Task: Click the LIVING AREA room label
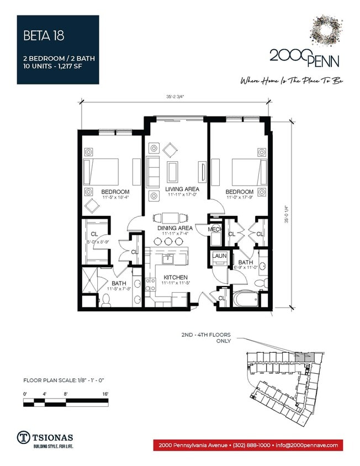point(175,189)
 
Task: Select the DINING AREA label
point(174,227)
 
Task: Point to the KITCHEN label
point(175,277)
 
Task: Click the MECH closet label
point(215,229)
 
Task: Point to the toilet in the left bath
point(109,299)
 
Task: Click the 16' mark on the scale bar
point(105,394)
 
